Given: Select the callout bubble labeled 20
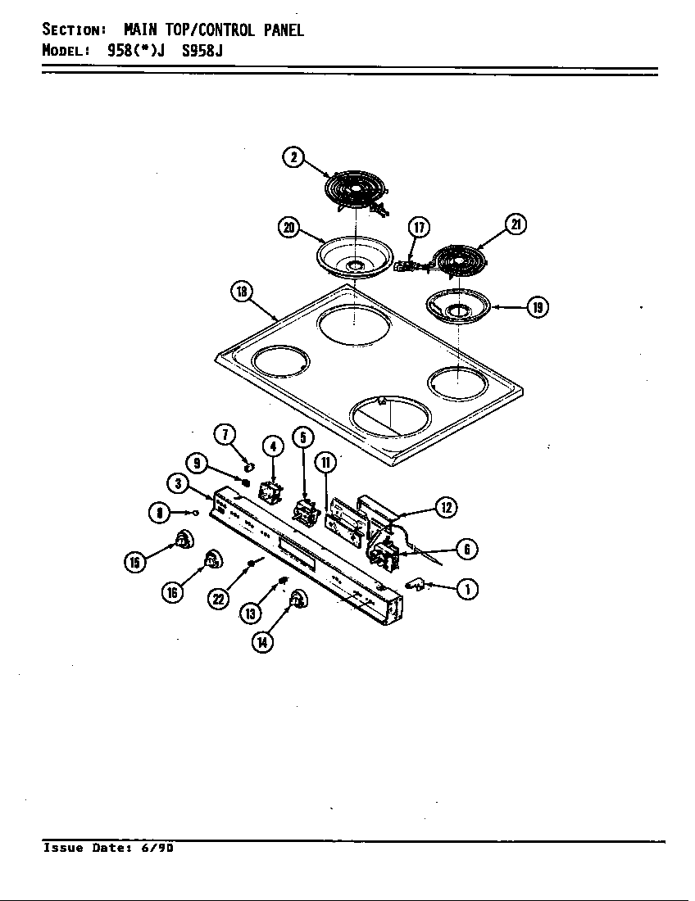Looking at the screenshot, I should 288,229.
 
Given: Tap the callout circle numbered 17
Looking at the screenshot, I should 418,227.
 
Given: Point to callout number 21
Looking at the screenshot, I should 516,224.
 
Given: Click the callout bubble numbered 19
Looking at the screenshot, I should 537,307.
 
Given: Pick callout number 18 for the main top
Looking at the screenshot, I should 243,292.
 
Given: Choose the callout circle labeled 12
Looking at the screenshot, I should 446,508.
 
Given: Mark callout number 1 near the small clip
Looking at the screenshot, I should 467,589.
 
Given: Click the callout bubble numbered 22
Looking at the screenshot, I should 218,600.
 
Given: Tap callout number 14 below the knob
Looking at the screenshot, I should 261,641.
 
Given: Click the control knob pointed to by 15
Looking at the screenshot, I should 184,541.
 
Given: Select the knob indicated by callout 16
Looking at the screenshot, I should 212,560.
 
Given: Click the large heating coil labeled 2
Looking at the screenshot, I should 356,192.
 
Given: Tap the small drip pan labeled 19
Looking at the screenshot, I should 458,307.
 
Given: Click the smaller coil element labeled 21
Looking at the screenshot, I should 458,260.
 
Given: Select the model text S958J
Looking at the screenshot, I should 202,50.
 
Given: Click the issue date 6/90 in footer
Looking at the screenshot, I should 157,849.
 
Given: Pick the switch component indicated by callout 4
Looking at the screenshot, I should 270,493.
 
